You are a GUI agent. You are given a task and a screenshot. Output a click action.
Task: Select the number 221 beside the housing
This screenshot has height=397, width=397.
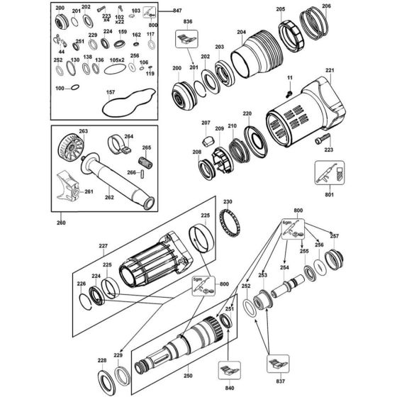pos(330,70)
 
